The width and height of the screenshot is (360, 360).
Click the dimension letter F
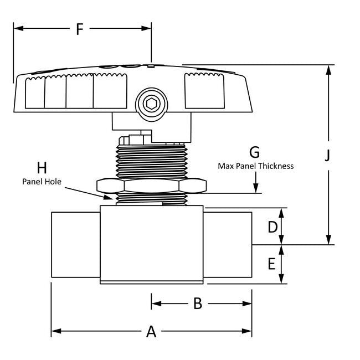(79, 29)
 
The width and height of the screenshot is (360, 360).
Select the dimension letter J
(328, 156)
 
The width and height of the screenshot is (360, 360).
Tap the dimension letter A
(151, 331)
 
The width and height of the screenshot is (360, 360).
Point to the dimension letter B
(198, 304)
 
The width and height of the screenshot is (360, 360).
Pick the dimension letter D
(272, 227)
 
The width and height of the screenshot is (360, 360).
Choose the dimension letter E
(271, 264)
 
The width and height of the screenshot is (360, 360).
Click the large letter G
(255, 152)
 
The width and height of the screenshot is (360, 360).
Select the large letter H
(42, 168)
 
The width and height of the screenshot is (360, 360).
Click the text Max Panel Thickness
(255, 166)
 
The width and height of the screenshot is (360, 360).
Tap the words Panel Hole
(42, 182)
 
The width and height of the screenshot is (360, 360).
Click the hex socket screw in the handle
(152, 104)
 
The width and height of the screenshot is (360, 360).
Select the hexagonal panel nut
(152, 186)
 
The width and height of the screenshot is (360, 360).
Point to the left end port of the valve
(76, 245)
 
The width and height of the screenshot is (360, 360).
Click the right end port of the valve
(228, 245)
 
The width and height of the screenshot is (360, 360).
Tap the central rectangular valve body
(152, 244)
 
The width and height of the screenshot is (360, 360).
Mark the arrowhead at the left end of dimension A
(56, 331)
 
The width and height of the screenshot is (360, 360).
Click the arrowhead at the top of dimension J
(328, 70)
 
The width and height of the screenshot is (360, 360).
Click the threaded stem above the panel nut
(152, 162)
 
